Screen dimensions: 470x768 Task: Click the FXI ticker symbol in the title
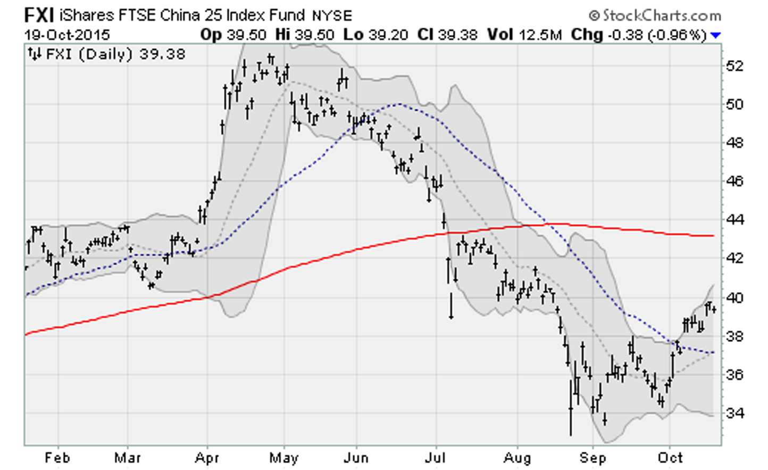pyautogui.click(x=39, y=15)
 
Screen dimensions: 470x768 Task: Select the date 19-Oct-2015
pyautogui.click(x=67, y=35)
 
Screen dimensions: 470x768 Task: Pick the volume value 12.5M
pyautogui.click(x=540, y=35)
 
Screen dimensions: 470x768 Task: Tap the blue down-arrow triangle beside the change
pyautogui.click(x=715, y=36)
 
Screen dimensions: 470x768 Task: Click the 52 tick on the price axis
pyautogui.click(x=734, y=66)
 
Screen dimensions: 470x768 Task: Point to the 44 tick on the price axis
pyautogui.click(x=734, y=220)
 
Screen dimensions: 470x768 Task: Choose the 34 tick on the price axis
pyautogui.click(x=734, y=413)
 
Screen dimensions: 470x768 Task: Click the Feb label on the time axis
pyautogui.click(x=57, y=458)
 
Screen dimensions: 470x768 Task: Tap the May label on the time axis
pyautogui.click(x=284, y=458)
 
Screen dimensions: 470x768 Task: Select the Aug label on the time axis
pyautogui.click(x=517, y=458)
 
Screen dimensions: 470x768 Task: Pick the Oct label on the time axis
pyautogui.click(x=670, y=458)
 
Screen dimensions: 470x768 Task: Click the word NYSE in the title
pyautogui.click(x=332, y=16)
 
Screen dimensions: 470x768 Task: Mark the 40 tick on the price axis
pyautogui.click(x=734, y=298)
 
